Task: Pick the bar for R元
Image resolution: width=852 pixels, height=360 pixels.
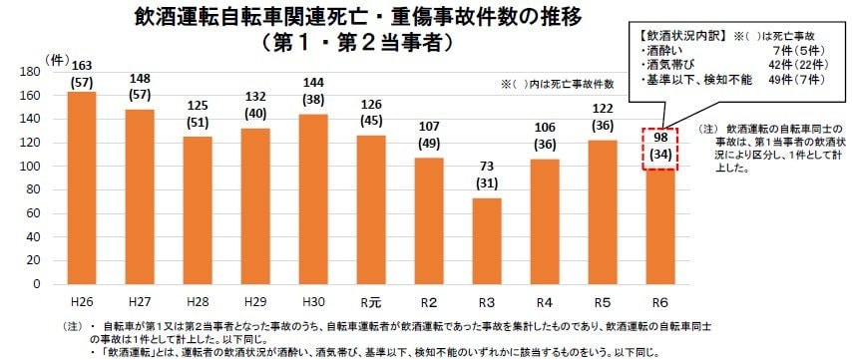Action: [x=371, y=209]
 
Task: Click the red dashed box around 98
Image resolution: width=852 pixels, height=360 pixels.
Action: [x=659, y=148]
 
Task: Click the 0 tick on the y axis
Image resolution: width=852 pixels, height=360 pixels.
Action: [x=38, y=284]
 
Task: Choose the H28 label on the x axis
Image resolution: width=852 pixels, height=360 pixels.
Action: [x=198, y=301]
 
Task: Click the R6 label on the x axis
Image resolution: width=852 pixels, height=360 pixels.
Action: [x=659, y=301]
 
